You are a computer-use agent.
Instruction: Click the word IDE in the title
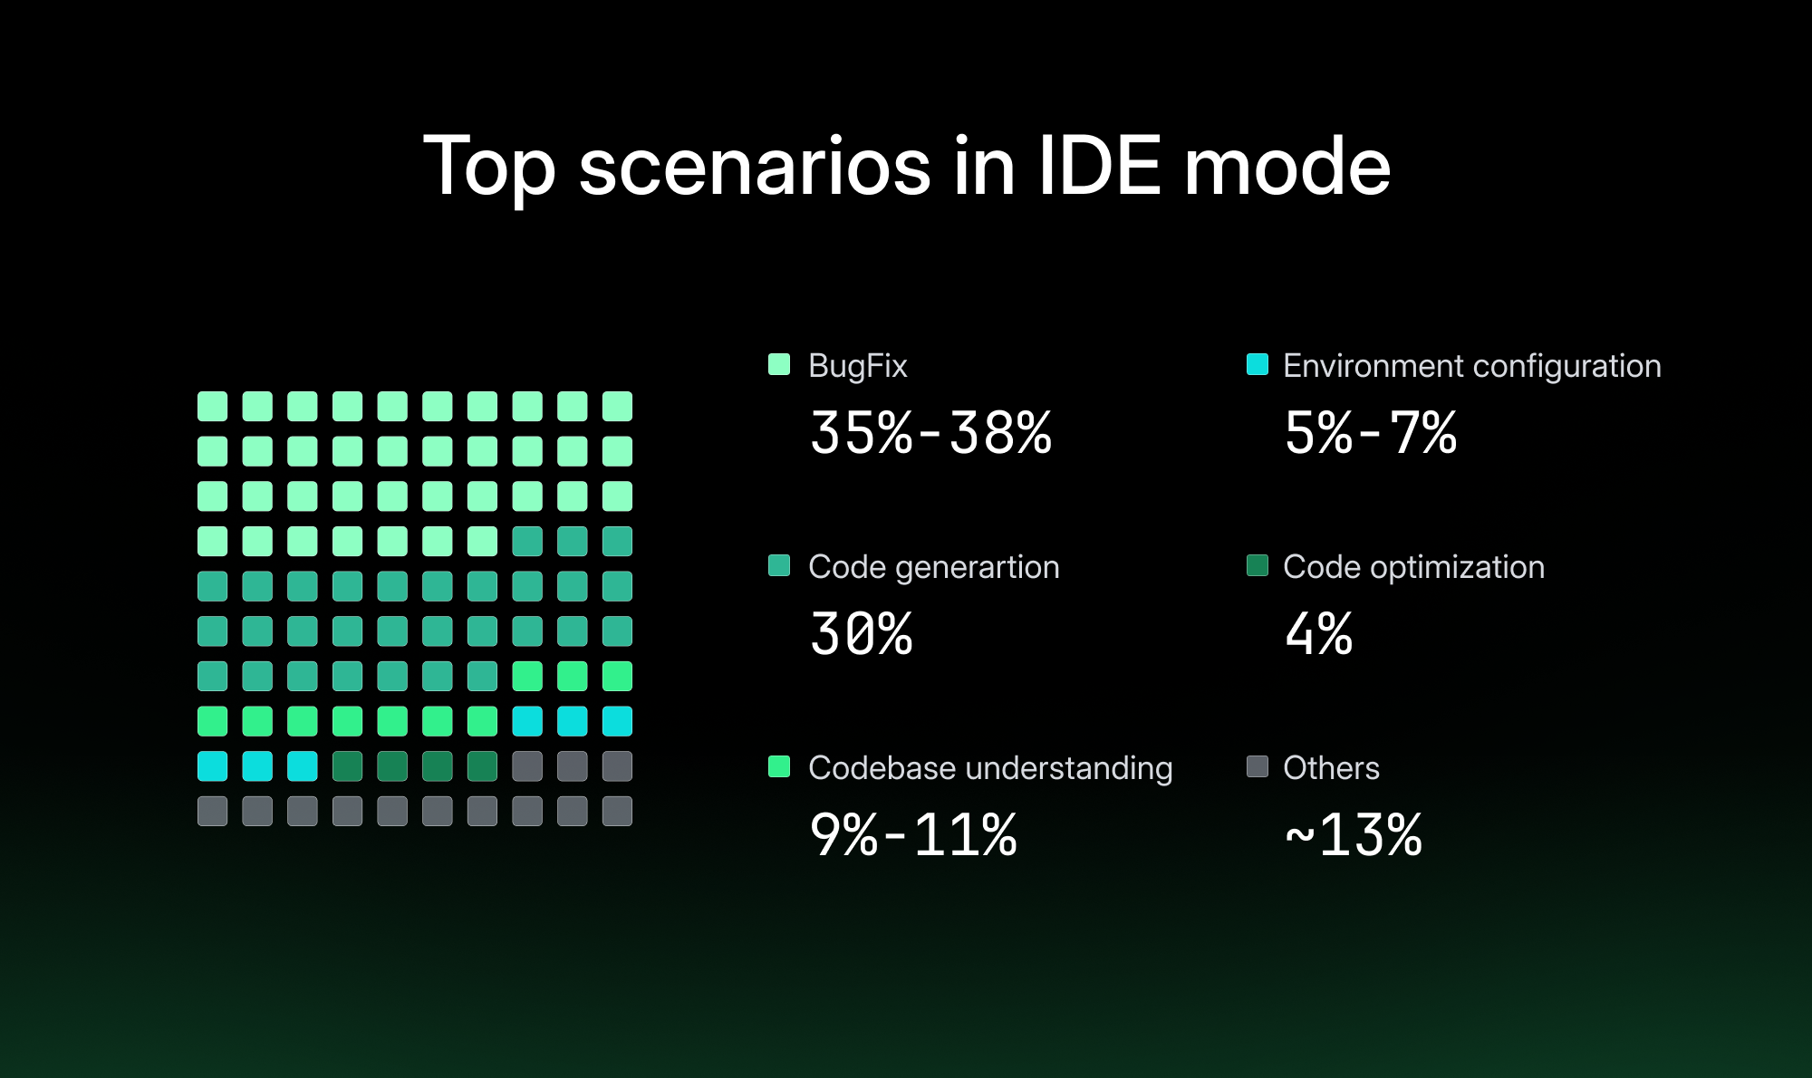pyautogui.click(x=1098, y=167)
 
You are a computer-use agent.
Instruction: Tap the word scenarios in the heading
pyautogui.click(x=755, y=168)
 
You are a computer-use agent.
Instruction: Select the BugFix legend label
pyautogui.click(x=857, y=366)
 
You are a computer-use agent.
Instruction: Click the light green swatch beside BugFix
pyautogui.click(x=779, y=364)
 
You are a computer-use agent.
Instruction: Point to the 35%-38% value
pyautogui.click(x=930, y=432)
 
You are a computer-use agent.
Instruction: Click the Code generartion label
pyautogui.click(x=933, y=567)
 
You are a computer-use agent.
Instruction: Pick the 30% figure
pyautogui.click(x=861, y=633)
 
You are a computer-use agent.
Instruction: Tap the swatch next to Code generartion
pyautogui.click(x=779, y=565)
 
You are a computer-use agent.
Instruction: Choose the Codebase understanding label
pyautogui.click(x=990, y=768)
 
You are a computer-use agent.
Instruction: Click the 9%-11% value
pyautogui.click(x=913, y=834)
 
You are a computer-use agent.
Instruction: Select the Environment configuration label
pyautogui.click(x=1472, y=366)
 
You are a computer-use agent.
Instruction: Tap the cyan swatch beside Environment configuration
pyautogui.click(x=1258, y=364)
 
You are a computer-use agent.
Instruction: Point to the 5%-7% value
pyautogui.click(x=1371, y=432)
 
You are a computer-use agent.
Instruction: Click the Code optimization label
pyautogui.click(x=1413, y=567)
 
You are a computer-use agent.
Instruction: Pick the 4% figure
pyautogui.click(x=1318, y=633)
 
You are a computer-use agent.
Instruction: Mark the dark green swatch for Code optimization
pyautogui.click(x=1258, y=565)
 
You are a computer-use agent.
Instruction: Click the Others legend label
pyautogui.click(x=1331, y=768)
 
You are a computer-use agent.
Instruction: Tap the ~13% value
pyautogui.click(x=1354, y=834)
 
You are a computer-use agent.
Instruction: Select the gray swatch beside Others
pyautogui.click(x=1258, y=766)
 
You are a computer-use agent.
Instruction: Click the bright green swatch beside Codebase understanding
pyautogui.click(x=779, y=766)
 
